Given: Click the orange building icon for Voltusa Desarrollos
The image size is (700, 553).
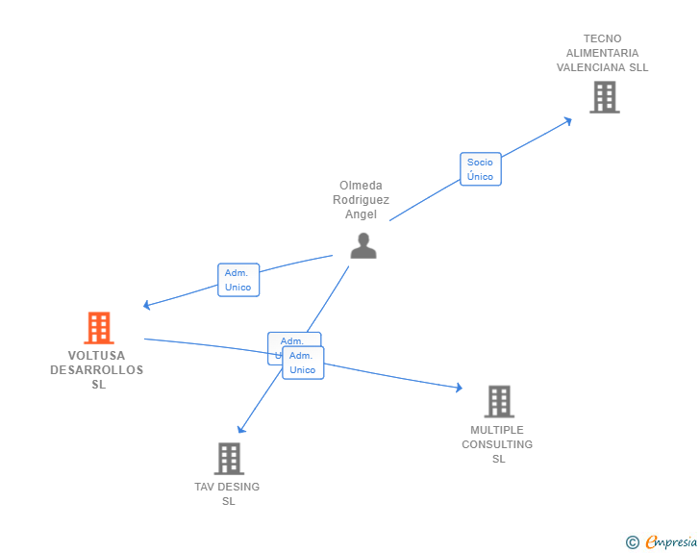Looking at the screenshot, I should [99, 328].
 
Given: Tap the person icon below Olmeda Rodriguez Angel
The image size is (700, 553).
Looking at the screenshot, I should [363, 246].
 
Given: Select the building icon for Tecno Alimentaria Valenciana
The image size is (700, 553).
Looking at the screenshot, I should [604, 97].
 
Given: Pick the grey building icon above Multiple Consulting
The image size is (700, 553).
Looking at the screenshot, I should [498, 401].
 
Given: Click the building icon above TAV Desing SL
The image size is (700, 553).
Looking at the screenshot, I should [229, 459].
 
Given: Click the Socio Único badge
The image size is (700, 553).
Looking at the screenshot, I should [480, 169].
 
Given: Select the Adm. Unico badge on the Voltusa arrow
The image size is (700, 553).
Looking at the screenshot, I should [237, 280].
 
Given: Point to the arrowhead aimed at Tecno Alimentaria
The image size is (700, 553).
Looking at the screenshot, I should [568, 120].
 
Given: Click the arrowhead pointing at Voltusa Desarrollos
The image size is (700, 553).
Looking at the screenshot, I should [147, 305].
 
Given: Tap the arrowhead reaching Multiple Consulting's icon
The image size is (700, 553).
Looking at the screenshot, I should [459, 388].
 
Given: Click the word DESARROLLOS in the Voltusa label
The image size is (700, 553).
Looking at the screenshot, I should [96, 370].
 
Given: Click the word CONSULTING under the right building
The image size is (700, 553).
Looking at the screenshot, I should [497, 444].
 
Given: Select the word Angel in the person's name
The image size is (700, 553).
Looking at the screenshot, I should [362, 214].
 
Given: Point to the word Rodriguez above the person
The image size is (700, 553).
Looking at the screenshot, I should [362, 200].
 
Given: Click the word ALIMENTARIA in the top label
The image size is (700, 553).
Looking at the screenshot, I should [602, 53].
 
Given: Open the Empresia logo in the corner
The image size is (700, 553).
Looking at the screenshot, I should [671, 542].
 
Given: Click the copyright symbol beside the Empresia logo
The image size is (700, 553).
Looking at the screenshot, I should [632, 543].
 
